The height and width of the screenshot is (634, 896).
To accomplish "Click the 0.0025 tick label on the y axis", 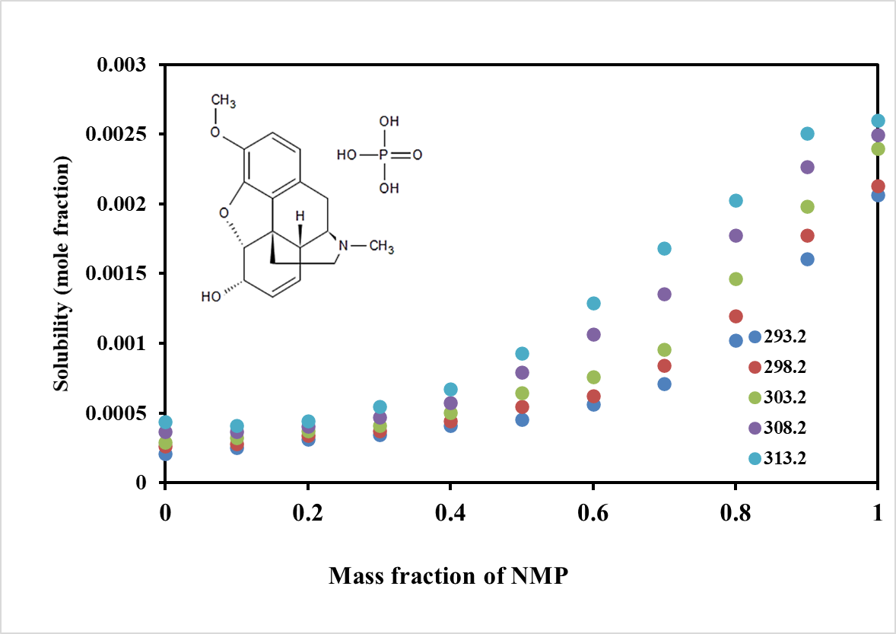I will pyautogui.click(x=121, y=135).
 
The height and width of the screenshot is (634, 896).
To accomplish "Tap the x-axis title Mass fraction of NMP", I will pyautogui.click(x=448, y=576).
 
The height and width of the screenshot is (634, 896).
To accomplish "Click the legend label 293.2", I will pyautogui.click(x=785, y=336).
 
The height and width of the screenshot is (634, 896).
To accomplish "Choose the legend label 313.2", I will pyautogui.click(x=785, y=458).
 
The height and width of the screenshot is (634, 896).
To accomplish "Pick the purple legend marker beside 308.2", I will pyautogui.click(x=755, y=428).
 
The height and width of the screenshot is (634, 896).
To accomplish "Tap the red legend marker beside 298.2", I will pyautogui.click(x=755, y=367).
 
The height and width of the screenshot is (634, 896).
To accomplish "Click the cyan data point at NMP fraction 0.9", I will pyautogui.click(x=807, y=134).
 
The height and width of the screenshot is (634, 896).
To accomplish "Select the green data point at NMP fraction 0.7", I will pyautogui.click(x=664, y=350).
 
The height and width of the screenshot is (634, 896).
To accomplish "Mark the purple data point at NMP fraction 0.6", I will pyautogui.click(x=593, y=334).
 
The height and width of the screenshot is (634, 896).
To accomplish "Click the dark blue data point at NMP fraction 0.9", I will pyautogui.click(x=807, y=259).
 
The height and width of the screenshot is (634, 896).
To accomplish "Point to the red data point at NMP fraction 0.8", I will pyautogui.click(x=736, y=316).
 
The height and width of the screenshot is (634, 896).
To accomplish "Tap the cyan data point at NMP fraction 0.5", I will pyautogui.click(x=522, y=353).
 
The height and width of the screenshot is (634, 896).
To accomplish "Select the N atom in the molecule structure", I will pyautogui.click(x=344, y=246).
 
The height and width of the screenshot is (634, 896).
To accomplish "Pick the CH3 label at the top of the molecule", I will pyautogui.click(x=223, y=101).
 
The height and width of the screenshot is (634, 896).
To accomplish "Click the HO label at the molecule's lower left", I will pyautogui.click(x=211, y=295).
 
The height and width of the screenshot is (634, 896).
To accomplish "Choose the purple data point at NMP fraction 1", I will pyautogui.click(x=878, y=135).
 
